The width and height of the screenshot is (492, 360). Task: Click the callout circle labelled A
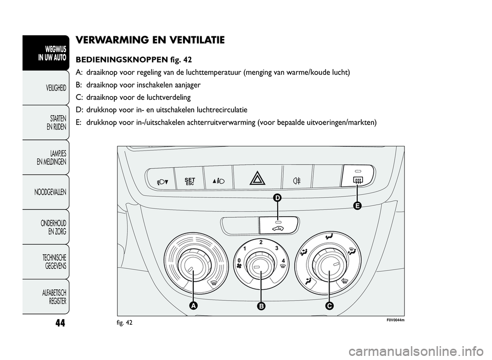tap(193, 306)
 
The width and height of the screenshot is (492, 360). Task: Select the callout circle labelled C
tap(329, 306)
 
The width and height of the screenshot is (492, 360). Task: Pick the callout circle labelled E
tap(357, 205)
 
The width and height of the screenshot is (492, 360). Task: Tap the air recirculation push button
tap(278, 225)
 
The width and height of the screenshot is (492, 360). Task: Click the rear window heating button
tap(358, 178)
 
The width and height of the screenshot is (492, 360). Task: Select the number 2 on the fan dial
tap(261, 242)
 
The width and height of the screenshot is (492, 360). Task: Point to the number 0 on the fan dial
tap(239, 260)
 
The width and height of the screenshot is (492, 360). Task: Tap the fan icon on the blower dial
tap(239, 266)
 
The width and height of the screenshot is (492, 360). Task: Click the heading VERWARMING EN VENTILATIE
tap(150, 39)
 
